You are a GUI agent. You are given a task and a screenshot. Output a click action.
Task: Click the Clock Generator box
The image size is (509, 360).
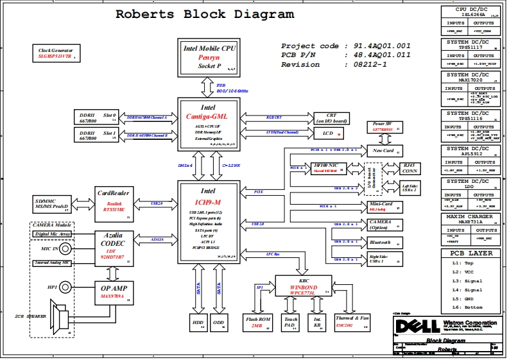pos(55,53)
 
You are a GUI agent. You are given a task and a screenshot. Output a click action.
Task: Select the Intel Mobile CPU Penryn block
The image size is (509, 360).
pos(209,57)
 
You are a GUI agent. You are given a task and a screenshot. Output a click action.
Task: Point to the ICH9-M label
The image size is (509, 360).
pos(207,202)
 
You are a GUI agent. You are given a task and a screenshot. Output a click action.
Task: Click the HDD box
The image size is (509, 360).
pos(198,322)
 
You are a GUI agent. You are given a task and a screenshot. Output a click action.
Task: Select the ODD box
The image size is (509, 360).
pos(218,322)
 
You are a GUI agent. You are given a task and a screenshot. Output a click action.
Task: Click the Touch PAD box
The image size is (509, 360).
pos(291,322)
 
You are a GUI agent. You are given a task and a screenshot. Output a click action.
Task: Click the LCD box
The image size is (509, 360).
pos(329,133)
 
